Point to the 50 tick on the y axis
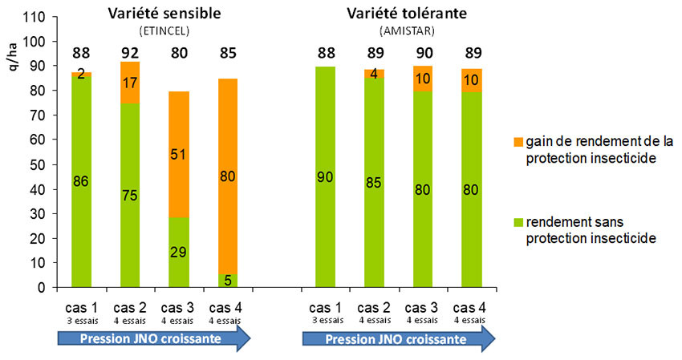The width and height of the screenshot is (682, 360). coord(37,164)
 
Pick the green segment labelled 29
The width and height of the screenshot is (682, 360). coord(177,252)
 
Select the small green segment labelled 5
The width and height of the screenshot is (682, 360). coord(226,281)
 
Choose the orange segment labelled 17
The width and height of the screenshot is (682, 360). coord(131,82)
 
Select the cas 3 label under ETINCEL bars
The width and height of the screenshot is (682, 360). coord(177,309)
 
